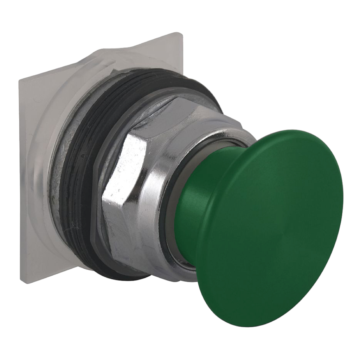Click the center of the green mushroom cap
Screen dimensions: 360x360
[x=271, y=225]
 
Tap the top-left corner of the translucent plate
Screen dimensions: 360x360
[x=20, y=79]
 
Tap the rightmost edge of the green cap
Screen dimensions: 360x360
[x=342, y=197]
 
